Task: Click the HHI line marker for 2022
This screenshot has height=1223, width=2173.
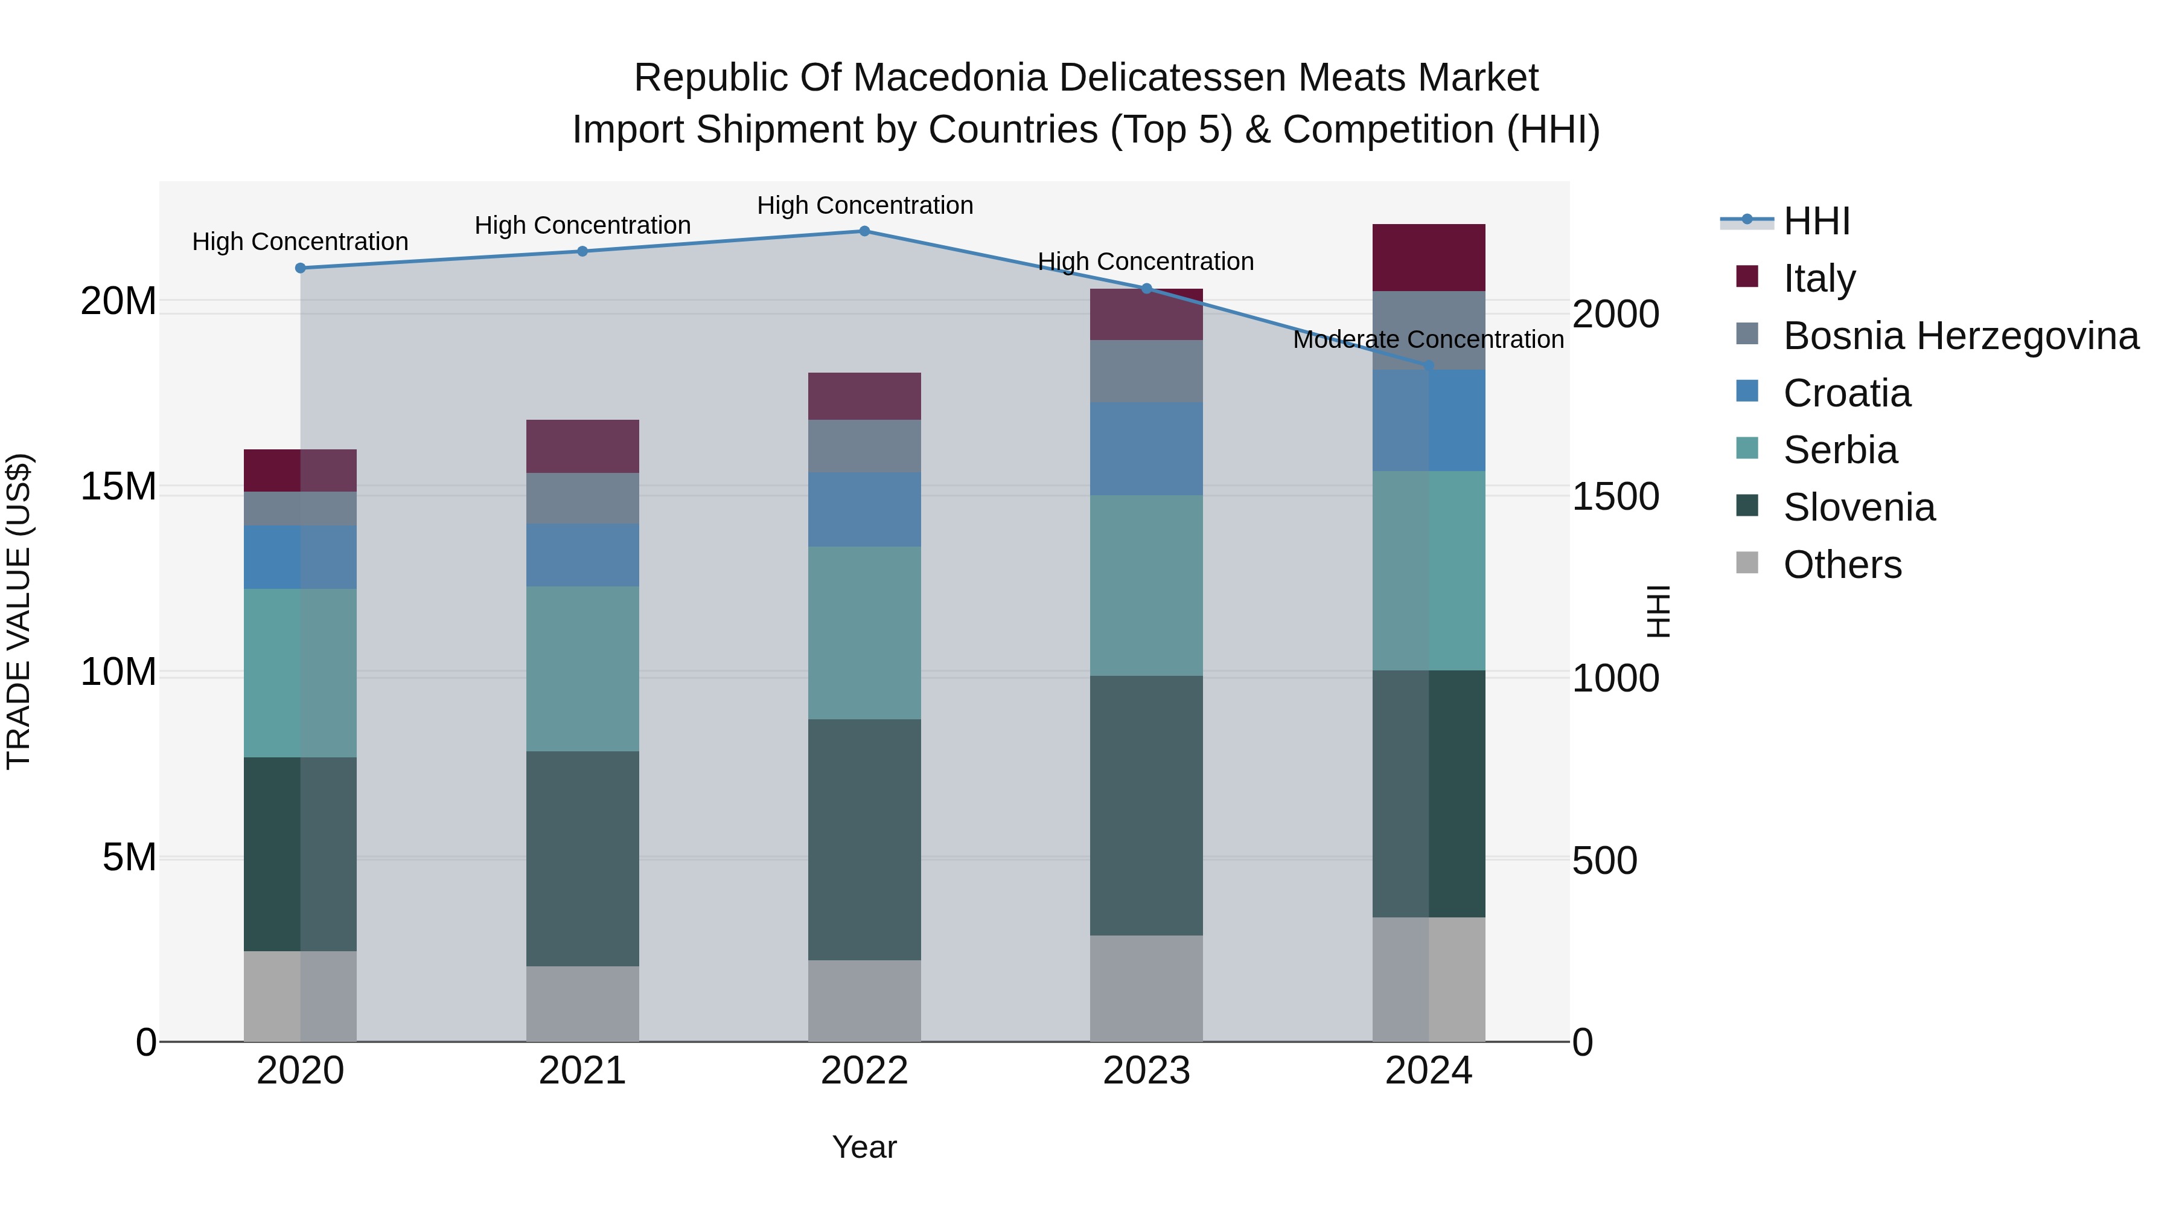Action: click(864, 231)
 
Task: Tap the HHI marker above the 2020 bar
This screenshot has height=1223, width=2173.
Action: click(301, 268)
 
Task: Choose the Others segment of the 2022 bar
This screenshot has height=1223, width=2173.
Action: click(864, 1000)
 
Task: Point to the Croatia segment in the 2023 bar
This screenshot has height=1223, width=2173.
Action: click(1146, 448)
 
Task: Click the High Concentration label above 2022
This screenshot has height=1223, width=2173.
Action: click(864, 205)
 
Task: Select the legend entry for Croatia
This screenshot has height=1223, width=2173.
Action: click(1846, 393)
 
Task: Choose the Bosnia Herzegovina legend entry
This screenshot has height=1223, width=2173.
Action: click(1959, 336)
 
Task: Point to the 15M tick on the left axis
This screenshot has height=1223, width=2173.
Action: click(118, 487)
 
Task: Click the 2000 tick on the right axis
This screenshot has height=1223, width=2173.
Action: click(1615, 314)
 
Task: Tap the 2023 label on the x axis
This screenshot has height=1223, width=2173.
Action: click(1146, 1071)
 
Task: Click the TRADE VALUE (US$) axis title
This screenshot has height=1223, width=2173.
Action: click(19, 611)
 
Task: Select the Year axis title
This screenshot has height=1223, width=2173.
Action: click(864, 1147)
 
